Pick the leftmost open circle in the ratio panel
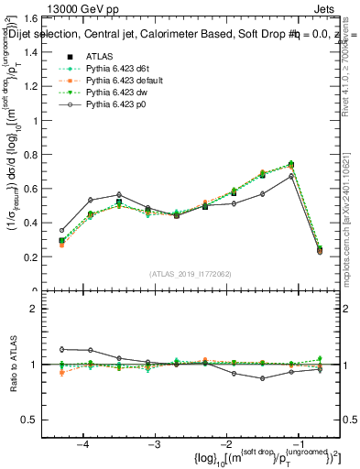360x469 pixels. (x=62, y=349)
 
